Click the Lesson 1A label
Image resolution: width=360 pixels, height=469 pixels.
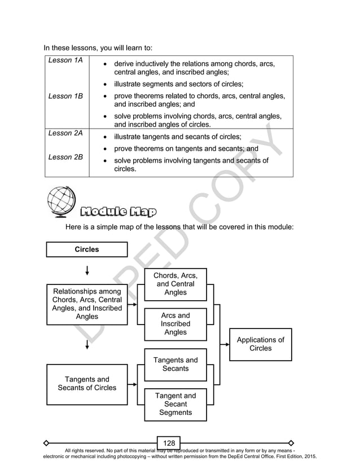63,60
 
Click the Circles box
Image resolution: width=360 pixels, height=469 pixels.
87,249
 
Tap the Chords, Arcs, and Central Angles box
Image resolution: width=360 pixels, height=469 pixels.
175,284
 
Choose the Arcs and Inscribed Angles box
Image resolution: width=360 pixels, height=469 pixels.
175,324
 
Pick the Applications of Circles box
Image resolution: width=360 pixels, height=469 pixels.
260,344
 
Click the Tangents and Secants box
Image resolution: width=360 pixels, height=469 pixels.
175,365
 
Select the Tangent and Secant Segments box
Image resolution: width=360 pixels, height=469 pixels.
175,404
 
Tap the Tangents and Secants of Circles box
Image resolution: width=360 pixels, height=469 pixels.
87,384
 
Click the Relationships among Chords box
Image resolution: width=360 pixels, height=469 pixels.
87,304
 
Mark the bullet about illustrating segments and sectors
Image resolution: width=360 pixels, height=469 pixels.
179,84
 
